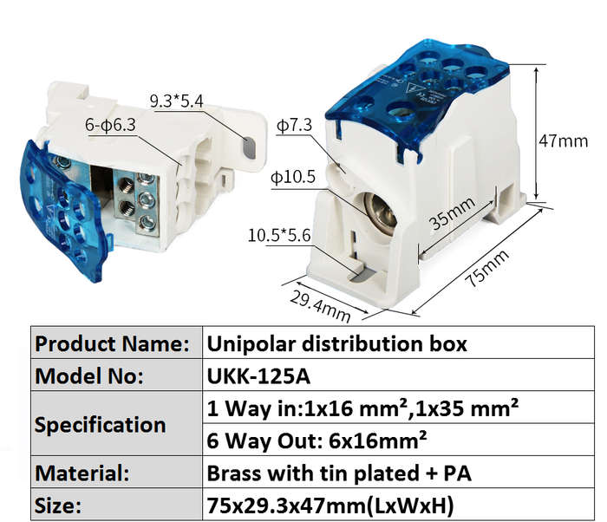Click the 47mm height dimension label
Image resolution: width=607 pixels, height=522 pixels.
pos(564,140)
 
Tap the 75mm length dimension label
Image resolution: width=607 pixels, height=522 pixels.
pos(487,268)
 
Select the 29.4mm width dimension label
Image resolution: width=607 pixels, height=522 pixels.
pos(320,306)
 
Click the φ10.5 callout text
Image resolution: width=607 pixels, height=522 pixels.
pos(293,177)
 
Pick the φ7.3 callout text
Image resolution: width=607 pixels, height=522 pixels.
pos(294,125)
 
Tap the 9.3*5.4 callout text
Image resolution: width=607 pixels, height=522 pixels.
pos(176,101)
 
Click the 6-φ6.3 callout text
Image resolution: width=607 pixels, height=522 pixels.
pos(110,125)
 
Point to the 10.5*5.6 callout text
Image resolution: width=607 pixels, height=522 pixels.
pos(279,236)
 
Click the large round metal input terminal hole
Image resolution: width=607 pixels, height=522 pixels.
pos(380,211)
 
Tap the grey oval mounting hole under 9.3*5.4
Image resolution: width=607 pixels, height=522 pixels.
pos(250,147)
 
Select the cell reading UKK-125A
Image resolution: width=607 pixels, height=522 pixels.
pos(398,375)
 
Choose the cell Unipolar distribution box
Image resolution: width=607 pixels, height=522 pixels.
pos(398,343)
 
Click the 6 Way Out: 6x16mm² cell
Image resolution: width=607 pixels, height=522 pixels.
pos(398,440)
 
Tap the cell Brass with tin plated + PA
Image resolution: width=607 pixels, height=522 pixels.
pos(398,472)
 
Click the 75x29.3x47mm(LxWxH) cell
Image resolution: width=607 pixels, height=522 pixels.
pos(398,504)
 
